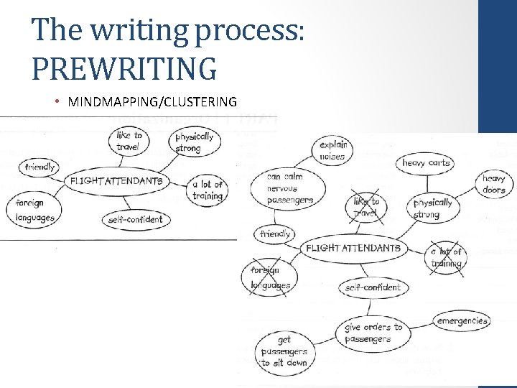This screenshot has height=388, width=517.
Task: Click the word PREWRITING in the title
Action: click(124, 68)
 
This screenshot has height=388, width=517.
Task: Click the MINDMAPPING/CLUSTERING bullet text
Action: click(152, 101)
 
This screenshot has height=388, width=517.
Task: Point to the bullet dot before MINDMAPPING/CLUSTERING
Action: click(57, 101)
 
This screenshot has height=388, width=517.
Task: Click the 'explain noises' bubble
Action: click(332, 150)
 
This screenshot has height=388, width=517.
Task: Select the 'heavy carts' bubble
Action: click(426, 163)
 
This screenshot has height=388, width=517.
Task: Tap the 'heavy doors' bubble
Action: click(494, 184)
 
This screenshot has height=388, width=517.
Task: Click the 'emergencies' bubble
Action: click(462, 321)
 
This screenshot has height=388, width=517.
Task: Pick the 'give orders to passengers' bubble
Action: click(373, 333)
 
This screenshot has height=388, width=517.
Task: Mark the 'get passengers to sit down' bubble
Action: click(284, 351)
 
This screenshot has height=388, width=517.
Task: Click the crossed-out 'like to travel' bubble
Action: click(365, 207)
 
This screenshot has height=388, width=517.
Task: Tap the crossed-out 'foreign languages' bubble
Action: click(271, 277)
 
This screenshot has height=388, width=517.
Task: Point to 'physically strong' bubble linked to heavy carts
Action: click(432, 208)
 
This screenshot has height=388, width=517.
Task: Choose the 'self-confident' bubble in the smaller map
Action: click(136, 219)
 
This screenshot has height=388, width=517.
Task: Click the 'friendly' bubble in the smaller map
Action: click(39, 167)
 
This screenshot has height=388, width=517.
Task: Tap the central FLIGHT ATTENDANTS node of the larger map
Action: click(353, 248)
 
